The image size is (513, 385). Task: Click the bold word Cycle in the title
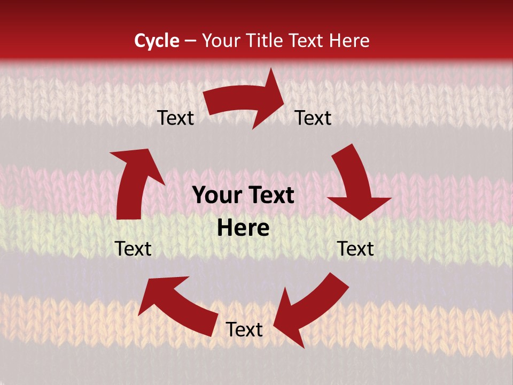[157, 41]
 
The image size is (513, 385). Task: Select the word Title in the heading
[266, 41]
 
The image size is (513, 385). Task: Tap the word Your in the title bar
[222, 41]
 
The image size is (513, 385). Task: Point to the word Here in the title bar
[351, 41]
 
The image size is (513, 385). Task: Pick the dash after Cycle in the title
[190, 41]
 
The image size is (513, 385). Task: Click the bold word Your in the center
[217, 196]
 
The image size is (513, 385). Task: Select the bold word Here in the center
[243, 228]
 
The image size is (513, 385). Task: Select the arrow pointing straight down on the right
[356, 187]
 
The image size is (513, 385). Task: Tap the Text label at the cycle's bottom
[244, 329]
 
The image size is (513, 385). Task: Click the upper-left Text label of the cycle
[176, 118]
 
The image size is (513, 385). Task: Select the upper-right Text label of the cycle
[314, 118]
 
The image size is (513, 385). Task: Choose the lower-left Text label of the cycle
[134, 249]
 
